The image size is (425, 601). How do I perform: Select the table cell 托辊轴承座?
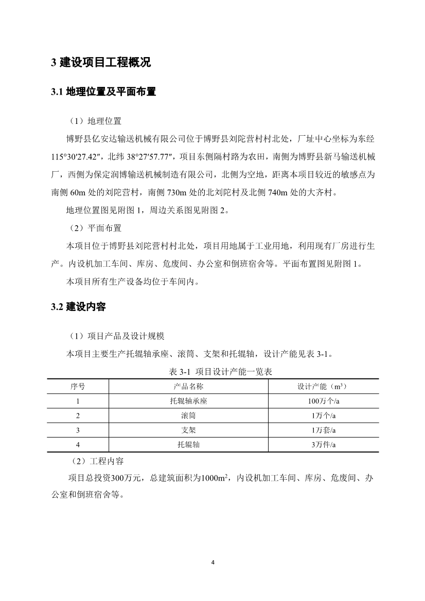188,401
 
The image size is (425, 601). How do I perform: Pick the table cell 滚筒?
188,415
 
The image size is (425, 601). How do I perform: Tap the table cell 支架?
188,430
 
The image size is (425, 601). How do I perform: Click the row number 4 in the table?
78,445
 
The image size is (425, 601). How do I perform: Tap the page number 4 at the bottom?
213,562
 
